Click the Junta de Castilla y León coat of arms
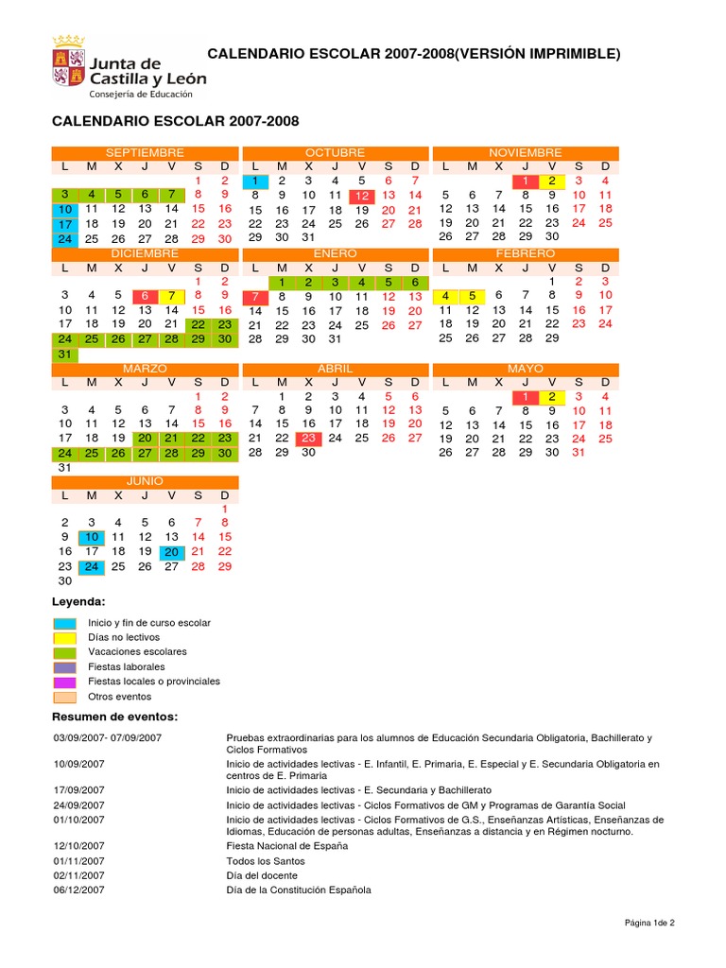[68, 63]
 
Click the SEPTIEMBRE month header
[145, 152]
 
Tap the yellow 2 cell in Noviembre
[552, 181]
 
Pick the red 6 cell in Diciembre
[145, 296]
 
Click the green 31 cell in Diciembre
[64, 354]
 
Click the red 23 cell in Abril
[308, 439]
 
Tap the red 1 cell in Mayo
[526, 397]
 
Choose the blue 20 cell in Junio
[171, 552]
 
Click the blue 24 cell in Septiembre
[64, 239]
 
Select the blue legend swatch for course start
[65, 623]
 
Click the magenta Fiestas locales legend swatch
[65, 682]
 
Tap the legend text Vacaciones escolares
[137, 652]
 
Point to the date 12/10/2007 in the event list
[80, 846]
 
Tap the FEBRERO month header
[526, 254]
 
